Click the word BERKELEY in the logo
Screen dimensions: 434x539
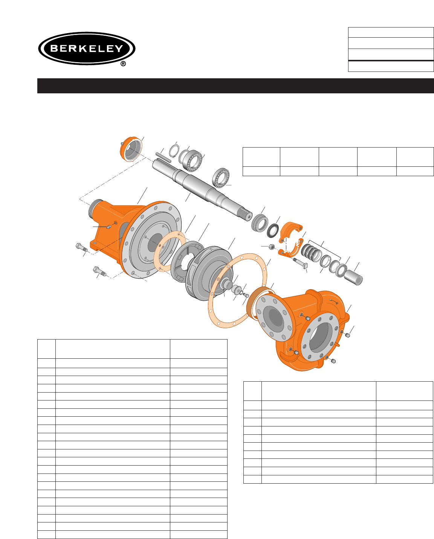point(87,48)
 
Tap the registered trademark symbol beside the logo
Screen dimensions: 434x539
point(123,64)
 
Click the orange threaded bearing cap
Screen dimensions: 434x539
point(131,149)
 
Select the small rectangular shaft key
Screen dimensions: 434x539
point(163,157)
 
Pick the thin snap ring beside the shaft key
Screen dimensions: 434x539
point(174,151)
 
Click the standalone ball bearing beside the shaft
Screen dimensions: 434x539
point(221,178)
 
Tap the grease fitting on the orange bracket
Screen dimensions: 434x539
point(109,227)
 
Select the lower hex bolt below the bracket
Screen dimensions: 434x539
point(99,271)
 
